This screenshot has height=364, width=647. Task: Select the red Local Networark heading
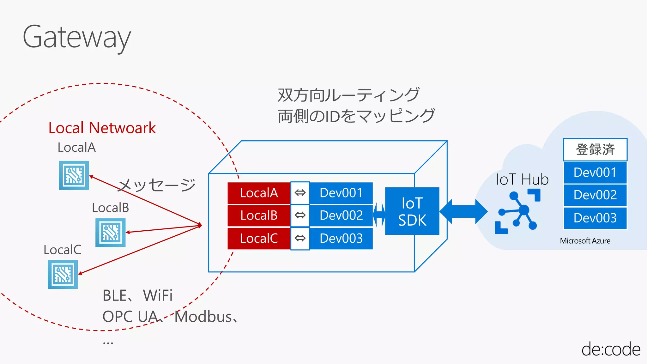(102, 128)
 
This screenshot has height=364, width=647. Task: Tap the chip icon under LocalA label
(74, 175)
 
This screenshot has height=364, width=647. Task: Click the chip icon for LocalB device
(111, 233)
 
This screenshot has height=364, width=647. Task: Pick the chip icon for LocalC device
(63, 274)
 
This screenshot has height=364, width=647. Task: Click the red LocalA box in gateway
(259, 193)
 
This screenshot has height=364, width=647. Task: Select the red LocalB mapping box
(259, 215)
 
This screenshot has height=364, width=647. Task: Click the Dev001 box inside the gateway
(341, 193)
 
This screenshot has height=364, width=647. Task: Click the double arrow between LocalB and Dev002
(300, 215)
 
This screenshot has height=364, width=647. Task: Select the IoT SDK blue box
(412, 211)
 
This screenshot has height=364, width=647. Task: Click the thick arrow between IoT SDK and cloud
(463, 211)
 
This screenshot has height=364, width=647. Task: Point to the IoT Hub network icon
(517, 211)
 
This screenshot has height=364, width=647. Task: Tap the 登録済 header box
(595, 149)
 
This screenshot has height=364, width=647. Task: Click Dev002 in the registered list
(595, 195)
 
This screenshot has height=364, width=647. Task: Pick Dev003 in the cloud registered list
(595, 218)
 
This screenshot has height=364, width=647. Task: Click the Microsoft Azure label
(585, 241)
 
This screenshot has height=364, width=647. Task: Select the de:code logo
(611, 349)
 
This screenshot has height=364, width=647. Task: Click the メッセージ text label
(157, 185)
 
